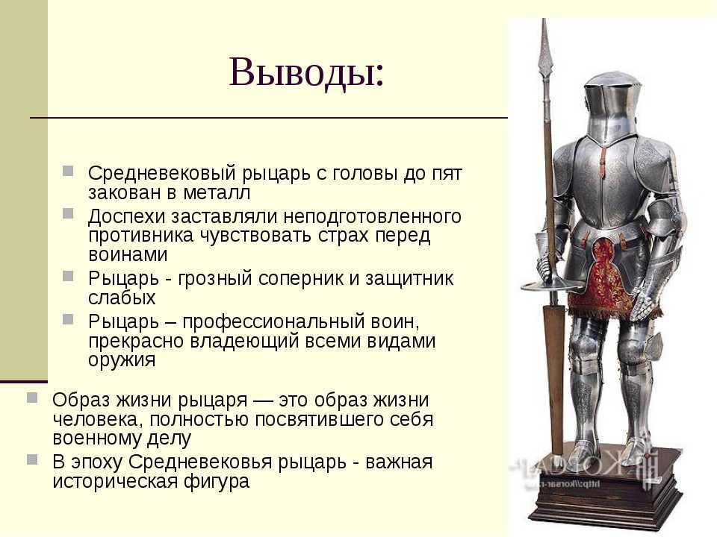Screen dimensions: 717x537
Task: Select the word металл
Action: coord(217,192)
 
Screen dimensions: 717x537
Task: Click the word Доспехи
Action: coord(125,216)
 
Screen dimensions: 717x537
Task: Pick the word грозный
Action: coord(215,278)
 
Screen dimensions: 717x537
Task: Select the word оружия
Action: coord(122,360)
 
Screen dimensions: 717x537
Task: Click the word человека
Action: coord(96,419)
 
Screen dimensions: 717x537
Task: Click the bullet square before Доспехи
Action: coord(68,213)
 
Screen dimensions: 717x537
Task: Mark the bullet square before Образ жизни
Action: coord(32,398)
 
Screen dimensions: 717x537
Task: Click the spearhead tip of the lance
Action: coord(544,19)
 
